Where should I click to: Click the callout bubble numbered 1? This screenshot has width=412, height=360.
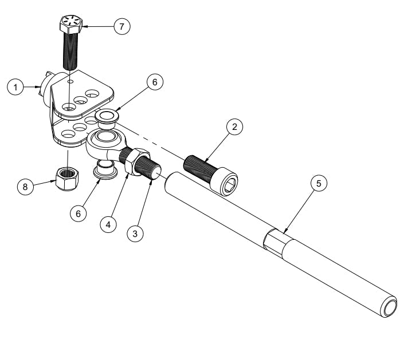[15, 87]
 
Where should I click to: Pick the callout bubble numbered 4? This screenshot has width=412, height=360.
[107, 224]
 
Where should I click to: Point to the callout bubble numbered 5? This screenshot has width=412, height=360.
[319, 183]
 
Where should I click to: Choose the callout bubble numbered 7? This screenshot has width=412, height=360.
[121, 26]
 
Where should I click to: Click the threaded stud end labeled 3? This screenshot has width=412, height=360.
[154, 171]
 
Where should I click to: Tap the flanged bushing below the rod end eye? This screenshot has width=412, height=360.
[103, 170]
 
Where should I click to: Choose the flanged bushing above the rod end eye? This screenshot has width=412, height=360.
[107, 117]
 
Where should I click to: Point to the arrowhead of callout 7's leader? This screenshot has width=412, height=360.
[85, 26]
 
